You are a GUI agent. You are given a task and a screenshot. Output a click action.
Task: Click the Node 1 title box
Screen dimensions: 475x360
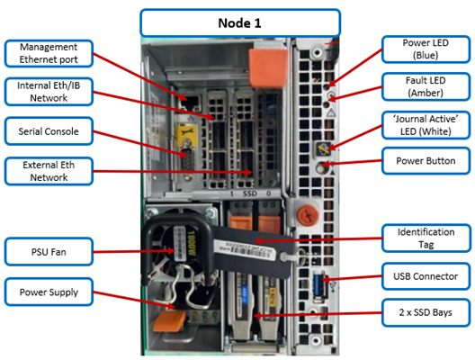(x=240, y=23)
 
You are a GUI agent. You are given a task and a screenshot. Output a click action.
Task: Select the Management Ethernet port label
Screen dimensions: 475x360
(x=49, y=53)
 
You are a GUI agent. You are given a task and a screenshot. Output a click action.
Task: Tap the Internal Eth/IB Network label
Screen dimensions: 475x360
(x=49, y=92)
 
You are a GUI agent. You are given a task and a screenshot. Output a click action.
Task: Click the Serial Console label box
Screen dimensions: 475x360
(x=49, y=131)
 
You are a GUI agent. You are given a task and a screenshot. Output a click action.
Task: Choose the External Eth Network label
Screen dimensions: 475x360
(x=49, y=171)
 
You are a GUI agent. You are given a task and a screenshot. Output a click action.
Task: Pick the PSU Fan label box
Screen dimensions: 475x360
(x=49, y=252)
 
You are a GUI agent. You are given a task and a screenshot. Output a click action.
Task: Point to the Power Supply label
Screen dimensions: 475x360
(x=49, y=292)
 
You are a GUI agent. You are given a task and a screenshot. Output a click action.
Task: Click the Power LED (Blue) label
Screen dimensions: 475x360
(x=426, y=49)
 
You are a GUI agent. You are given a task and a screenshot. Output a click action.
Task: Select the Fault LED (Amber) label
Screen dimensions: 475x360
(x=426, y=86)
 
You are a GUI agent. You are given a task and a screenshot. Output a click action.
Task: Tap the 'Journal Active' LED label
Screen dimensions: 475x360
(x=426, y=125)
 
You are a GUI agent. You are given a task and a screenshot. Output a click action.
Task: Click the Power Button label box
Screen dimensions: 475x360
(x=426, y=160)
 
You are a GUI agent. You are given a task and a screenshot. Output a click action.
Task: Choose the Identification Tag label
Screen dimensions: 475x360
(x=426, y=238)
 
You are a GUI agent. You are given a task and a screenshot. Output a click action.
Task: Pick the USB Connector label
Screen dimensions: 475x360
(x=426, y=276)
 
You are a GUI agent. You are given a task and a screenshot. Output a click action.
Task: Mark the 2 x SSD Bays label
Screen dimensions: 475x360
(x=426, y=312)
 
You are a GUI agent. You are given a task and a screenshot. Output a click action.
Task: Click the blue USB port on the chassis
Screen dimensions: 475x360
(x=318, y=286)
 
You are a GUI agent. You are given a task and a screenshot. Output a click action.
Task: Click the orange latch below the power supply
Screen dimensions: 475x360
(x=169, y=321)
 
